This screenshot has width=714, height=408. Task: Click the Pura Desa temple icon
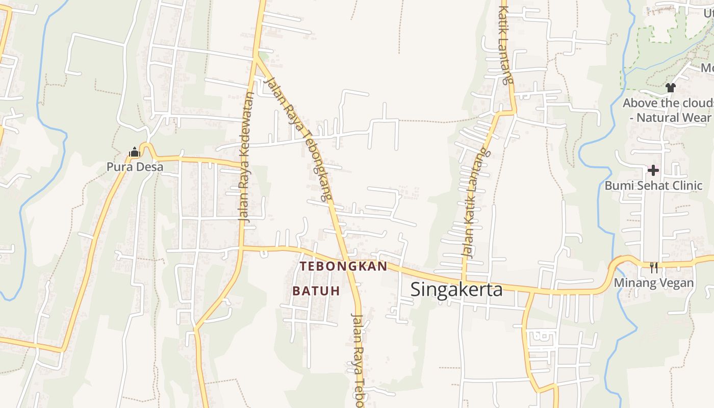click(135, 152)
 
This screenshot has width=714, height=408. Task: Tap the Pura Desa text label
click(135, 167)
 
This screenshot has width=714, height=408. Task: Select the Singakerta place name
click(456, 289)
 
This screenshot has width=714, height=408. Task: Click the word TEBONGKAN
click(343, 266)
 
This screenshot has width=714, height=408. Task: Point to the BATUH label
click(316, 291)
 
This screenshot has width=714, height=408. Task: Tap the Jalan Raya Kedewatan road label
click(246, 157)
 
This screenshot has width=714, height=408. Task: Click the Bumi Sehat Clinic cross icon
click(653, 170)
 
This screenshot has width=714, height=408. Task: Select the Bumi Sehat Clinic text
click(653, 185)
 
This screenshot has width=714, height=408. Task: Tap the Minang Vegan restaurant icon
click(653, 267)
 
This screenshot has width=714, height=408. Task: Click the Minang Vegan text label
click(653, 283)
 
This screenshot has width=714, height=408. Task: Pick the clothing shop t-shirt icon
click(671, 88)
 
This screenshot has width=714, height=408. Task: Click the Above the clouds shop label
click(667, 103)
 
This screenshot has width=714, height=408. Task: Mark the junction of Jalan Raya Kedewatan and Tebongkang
click(255, 57)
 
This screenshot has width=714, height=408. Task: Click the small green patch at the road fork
click(263, 54)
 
